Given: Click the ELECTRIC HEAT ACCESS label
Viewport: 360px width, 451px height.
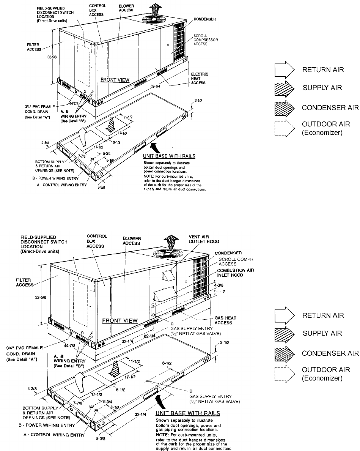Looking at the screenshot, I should [200, 79].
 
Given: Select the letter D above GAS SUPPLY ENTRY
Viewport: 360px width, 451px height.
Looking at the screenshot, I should [190, 391].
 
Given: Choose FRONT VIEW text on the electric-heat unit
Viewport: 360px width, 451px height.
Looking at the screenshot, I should [115, 80].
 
